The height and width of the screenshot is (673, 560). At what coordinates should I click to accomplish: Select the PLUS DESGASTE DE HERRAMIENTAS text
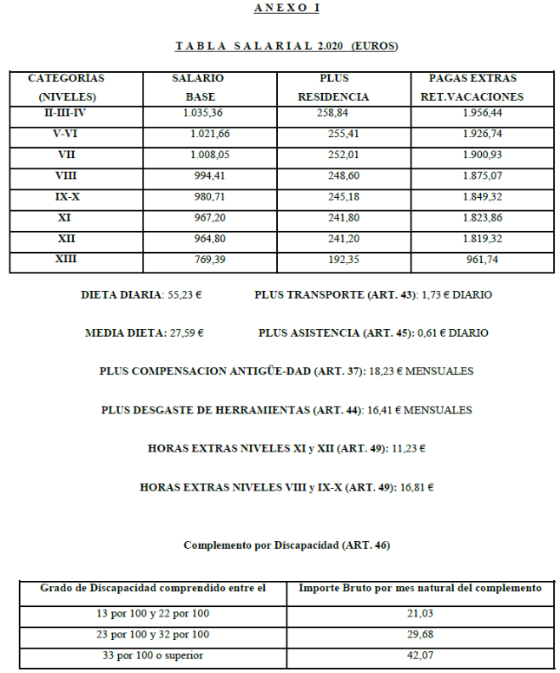tap(231, 410)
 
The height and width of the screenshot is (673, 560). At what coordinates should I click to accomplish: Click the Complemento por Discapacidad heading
tap(287, 545)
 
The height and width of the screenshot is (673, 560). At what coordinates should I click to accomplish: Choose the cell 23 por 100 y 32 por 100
tap(153, 635)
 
